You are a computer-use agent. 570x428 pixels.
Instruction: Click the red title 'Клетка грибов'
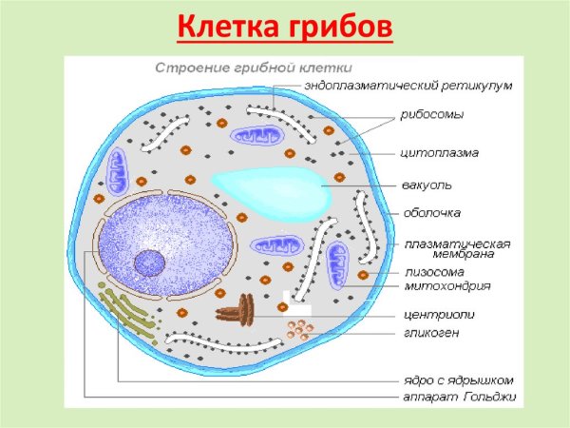click(x=284, y=28)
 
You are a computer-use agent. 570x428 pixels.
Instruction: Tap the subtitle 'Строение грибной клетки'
click(x=254, y=68)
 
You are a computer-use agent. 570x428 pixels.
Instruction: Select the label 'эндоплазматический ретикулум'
click(x=408, y=85)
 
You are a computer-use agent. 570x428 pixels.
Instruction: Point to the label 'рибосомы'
click(x=432, y=115)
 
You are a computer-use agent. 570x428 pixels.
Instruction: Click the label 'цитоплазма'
click(x=441, y=152)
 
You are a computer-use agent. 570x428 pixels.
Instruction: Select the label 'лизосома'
click(x=434, y=271)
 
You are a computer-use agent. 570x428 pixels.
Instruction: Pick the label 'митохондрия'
click(x=447, y=285)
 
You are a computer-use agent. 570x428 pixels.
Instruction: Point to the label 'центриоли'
click(x=440, y=314)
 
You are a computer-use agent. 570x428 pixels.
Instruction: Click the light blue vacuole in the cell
click(x=270, y=187)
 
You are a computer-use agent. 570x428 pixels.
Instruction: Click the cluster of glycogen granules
click(x=299, y=330)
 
